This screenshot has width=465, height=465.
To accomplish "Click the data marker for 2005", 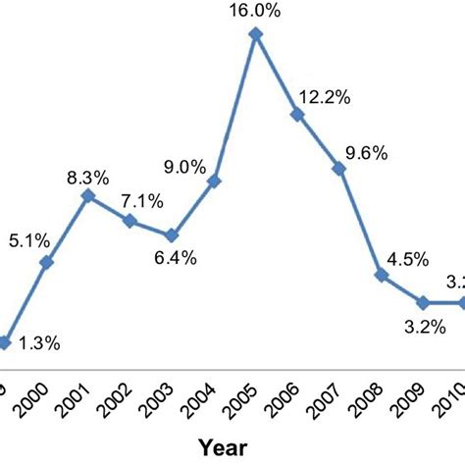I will (256, 34).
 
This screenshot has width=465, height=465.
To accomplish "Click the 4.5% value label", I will (406, 260).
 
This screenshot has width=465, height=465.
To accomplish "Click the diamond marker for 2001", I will (88, 196).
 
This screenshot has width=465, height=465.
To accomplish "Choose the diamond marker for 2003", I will (172, 235).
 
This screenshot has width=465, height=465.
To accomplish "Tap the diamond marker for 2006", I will (297, 115).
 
